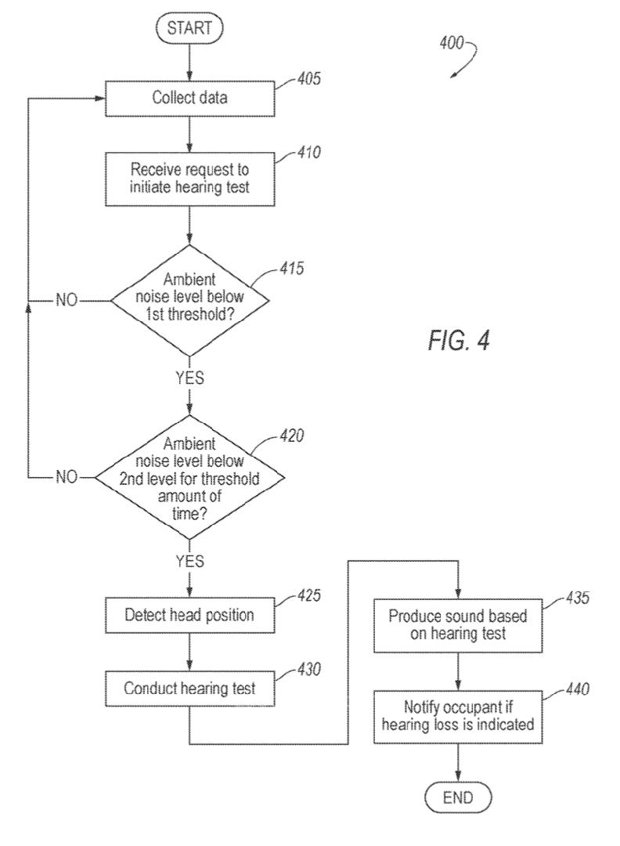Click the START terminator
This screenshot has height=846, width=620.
point(189,29)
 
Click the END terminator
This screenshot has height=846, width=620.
point(458,797)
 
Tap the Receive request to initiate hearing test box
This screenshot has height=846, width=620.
point(189,177)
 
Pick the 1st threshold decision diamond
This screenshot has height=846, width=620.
point(189,300)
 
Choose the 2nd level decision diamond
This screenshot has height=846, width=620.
point(189,476)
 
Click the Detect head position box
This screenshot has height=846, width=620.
point(189,615)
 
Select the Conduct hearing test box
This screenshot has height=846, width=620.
point(189,689)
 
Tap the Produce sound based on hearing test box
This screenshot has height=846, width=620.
point(458,625)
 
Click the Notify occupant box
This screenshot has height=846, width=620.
point(458,716)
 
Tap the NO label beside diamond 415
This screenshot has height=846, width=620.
point(67,300)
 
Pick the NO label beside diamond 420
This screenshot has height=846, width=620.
point(67,476)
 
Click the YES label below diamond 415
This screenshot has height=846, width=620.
point(189,378)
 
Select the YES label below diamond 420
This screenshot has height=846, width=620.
point(189,561)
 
